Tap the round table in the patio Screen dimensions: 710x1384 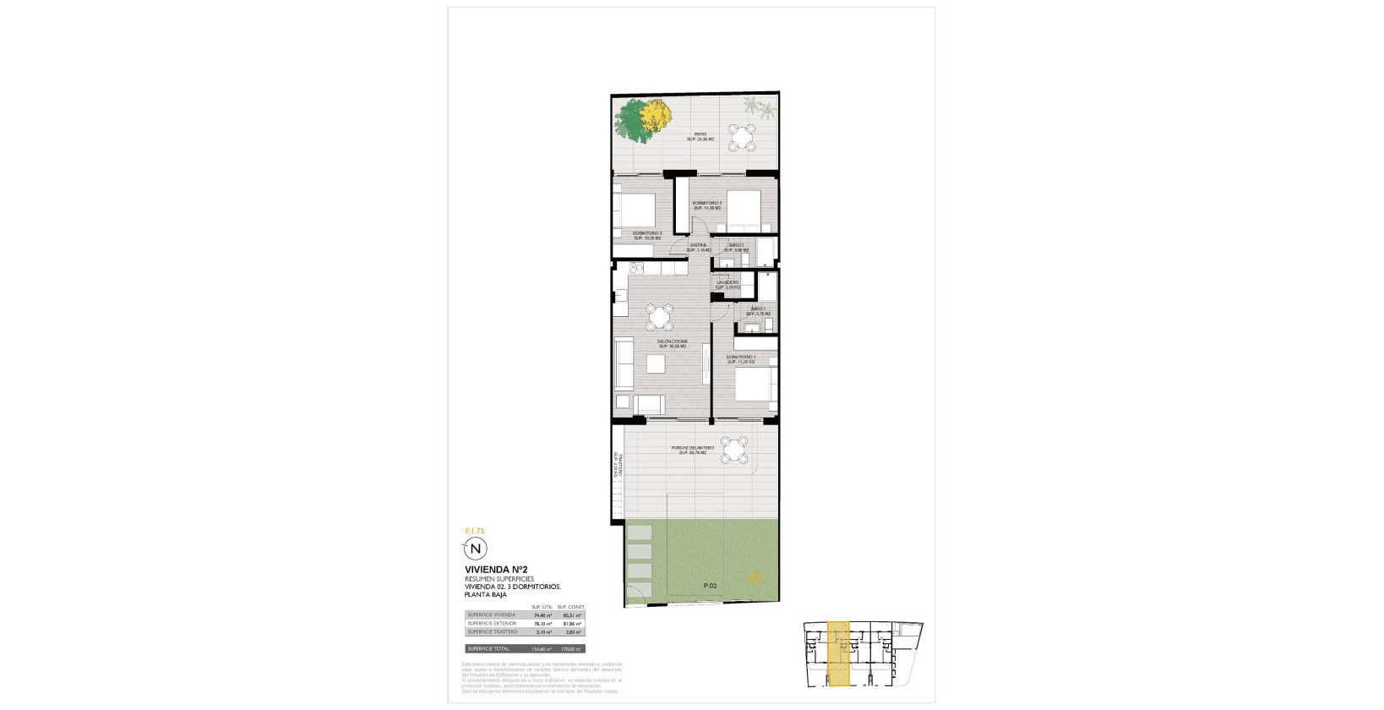click(744, 137)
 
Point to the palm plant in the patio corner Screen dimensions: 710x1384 click(758, 108)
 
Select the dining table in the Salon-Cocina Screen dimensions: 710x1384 click(659, 317)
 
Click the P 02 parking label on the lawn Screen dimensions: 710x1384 click(710, 586)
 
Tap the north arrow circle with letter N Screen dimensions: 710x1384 click(476, 549)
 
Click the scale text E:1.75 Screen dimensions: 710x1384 click(475, 531)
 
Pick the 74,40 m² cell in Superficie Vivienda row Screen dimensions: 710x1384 click(542, 615)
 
